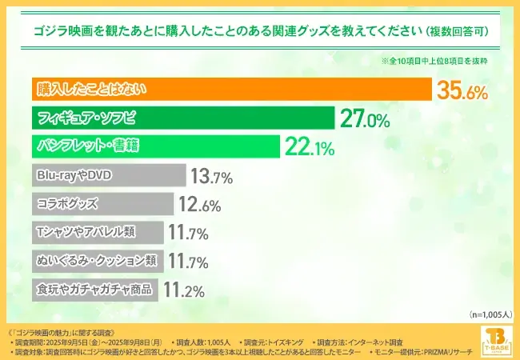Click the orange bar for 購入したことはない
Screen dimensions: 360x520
click(x=231, y=90)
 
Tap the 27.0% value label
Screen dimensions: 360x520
click(x=365, y=119)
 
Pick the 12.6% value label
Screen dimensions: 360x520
click(x=198, y=205)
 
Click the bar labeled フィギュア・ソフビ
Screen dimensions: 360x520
click(x=182, y=118)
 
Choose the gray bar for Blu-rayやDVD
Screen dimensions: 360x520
click(x=109, y=175)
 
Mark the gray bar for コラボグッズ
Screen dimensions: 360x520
click(x=102, y=204)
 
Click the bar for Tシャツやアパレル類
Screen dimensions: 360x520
click(x=97, y=233)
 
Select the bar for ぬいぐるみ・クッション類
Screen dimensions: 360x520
click(x=97, y=261)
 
